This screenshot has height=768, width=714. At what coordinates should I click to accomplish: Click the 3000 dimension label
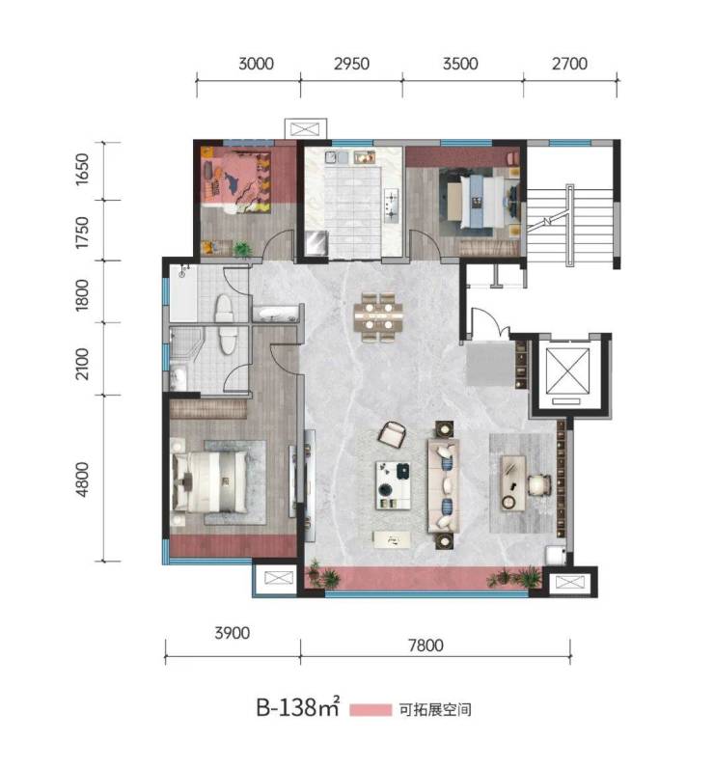[256, 64]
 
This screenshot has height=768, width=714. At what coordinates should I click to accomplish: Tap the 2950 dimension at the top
[351, 64]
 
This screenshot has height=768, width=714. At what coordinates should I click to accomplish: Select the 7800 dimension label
[426, 645]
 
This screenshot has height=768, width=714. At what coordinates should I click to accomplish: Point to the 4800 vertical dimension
[82, 479]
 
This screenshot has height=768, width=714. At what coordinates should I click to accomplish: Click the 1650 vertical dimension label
[82, 170]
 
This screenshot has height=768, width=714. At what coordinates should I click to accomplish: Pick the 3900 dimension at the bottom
[233, 633]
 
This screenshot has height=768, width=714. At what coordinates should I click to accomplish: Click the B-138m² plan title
[298, 707]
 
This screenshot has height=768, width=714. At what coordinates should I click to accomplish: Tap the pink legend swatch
[371, 710]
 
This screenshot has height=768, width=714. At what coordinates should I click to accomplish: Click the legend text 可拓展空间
[435, 710]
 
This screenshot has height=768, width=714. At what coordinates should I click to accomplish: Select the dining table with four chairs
[378, 316]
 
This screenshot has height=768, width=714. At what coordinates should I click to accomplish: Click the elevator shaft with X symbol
[567, 370]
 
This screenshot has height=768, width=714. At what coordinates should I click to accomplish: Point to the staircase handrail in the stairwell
[569, 226]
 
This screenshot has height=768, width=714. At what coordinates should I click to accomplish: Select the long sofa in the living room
[444, 485]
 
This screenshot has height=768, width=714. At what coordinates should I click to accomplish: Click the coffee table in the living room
[393, 485]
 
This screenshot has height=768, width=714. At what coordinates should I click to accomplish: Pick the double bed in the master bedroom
[209, 481]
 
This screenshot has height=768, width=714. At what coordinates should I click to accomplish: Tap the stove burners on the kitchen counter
[392, 206]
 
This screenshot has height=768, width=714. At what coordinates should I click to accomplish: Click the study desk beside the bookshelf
[513, 483]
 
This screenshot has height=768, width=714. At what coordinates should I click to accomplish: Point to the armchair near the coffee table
[393, 434]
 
